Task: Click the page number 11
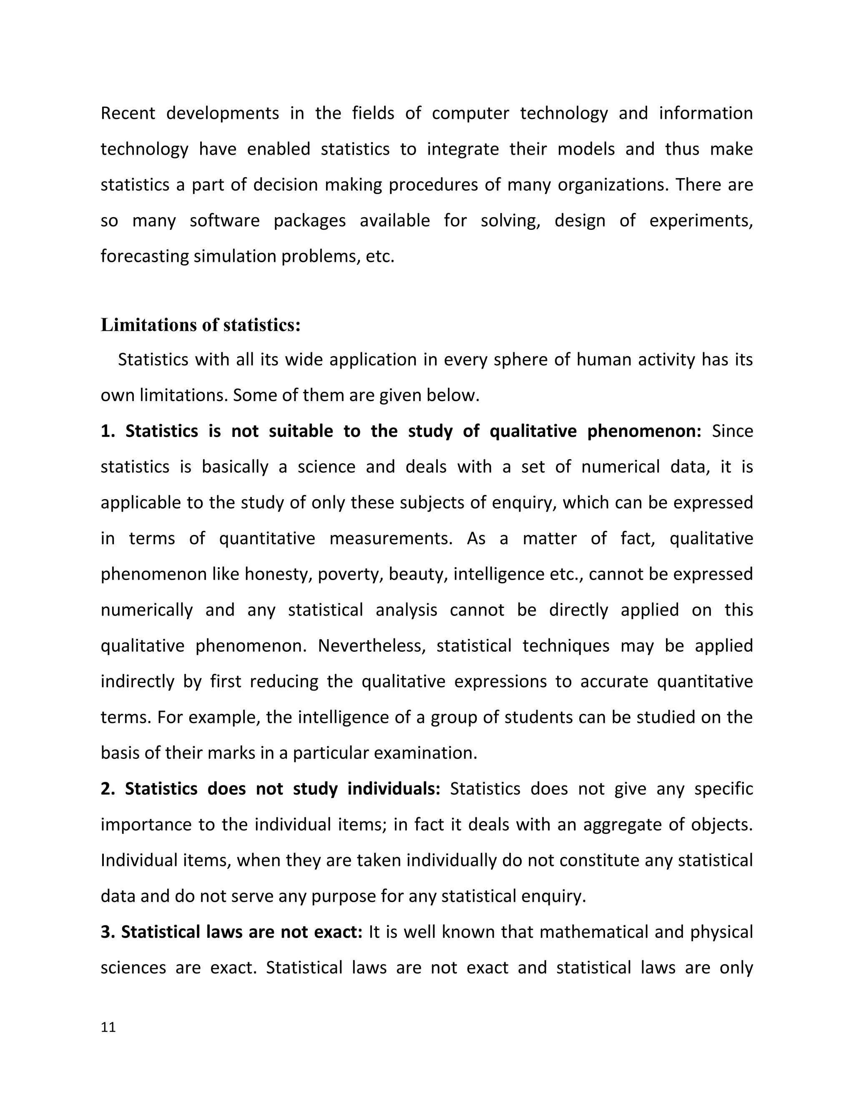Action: point(108,1027)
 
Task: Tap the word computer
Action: point(470,113)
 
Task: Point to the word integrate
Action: point(462,149)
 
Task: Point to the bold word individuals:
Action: point(394,789)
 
